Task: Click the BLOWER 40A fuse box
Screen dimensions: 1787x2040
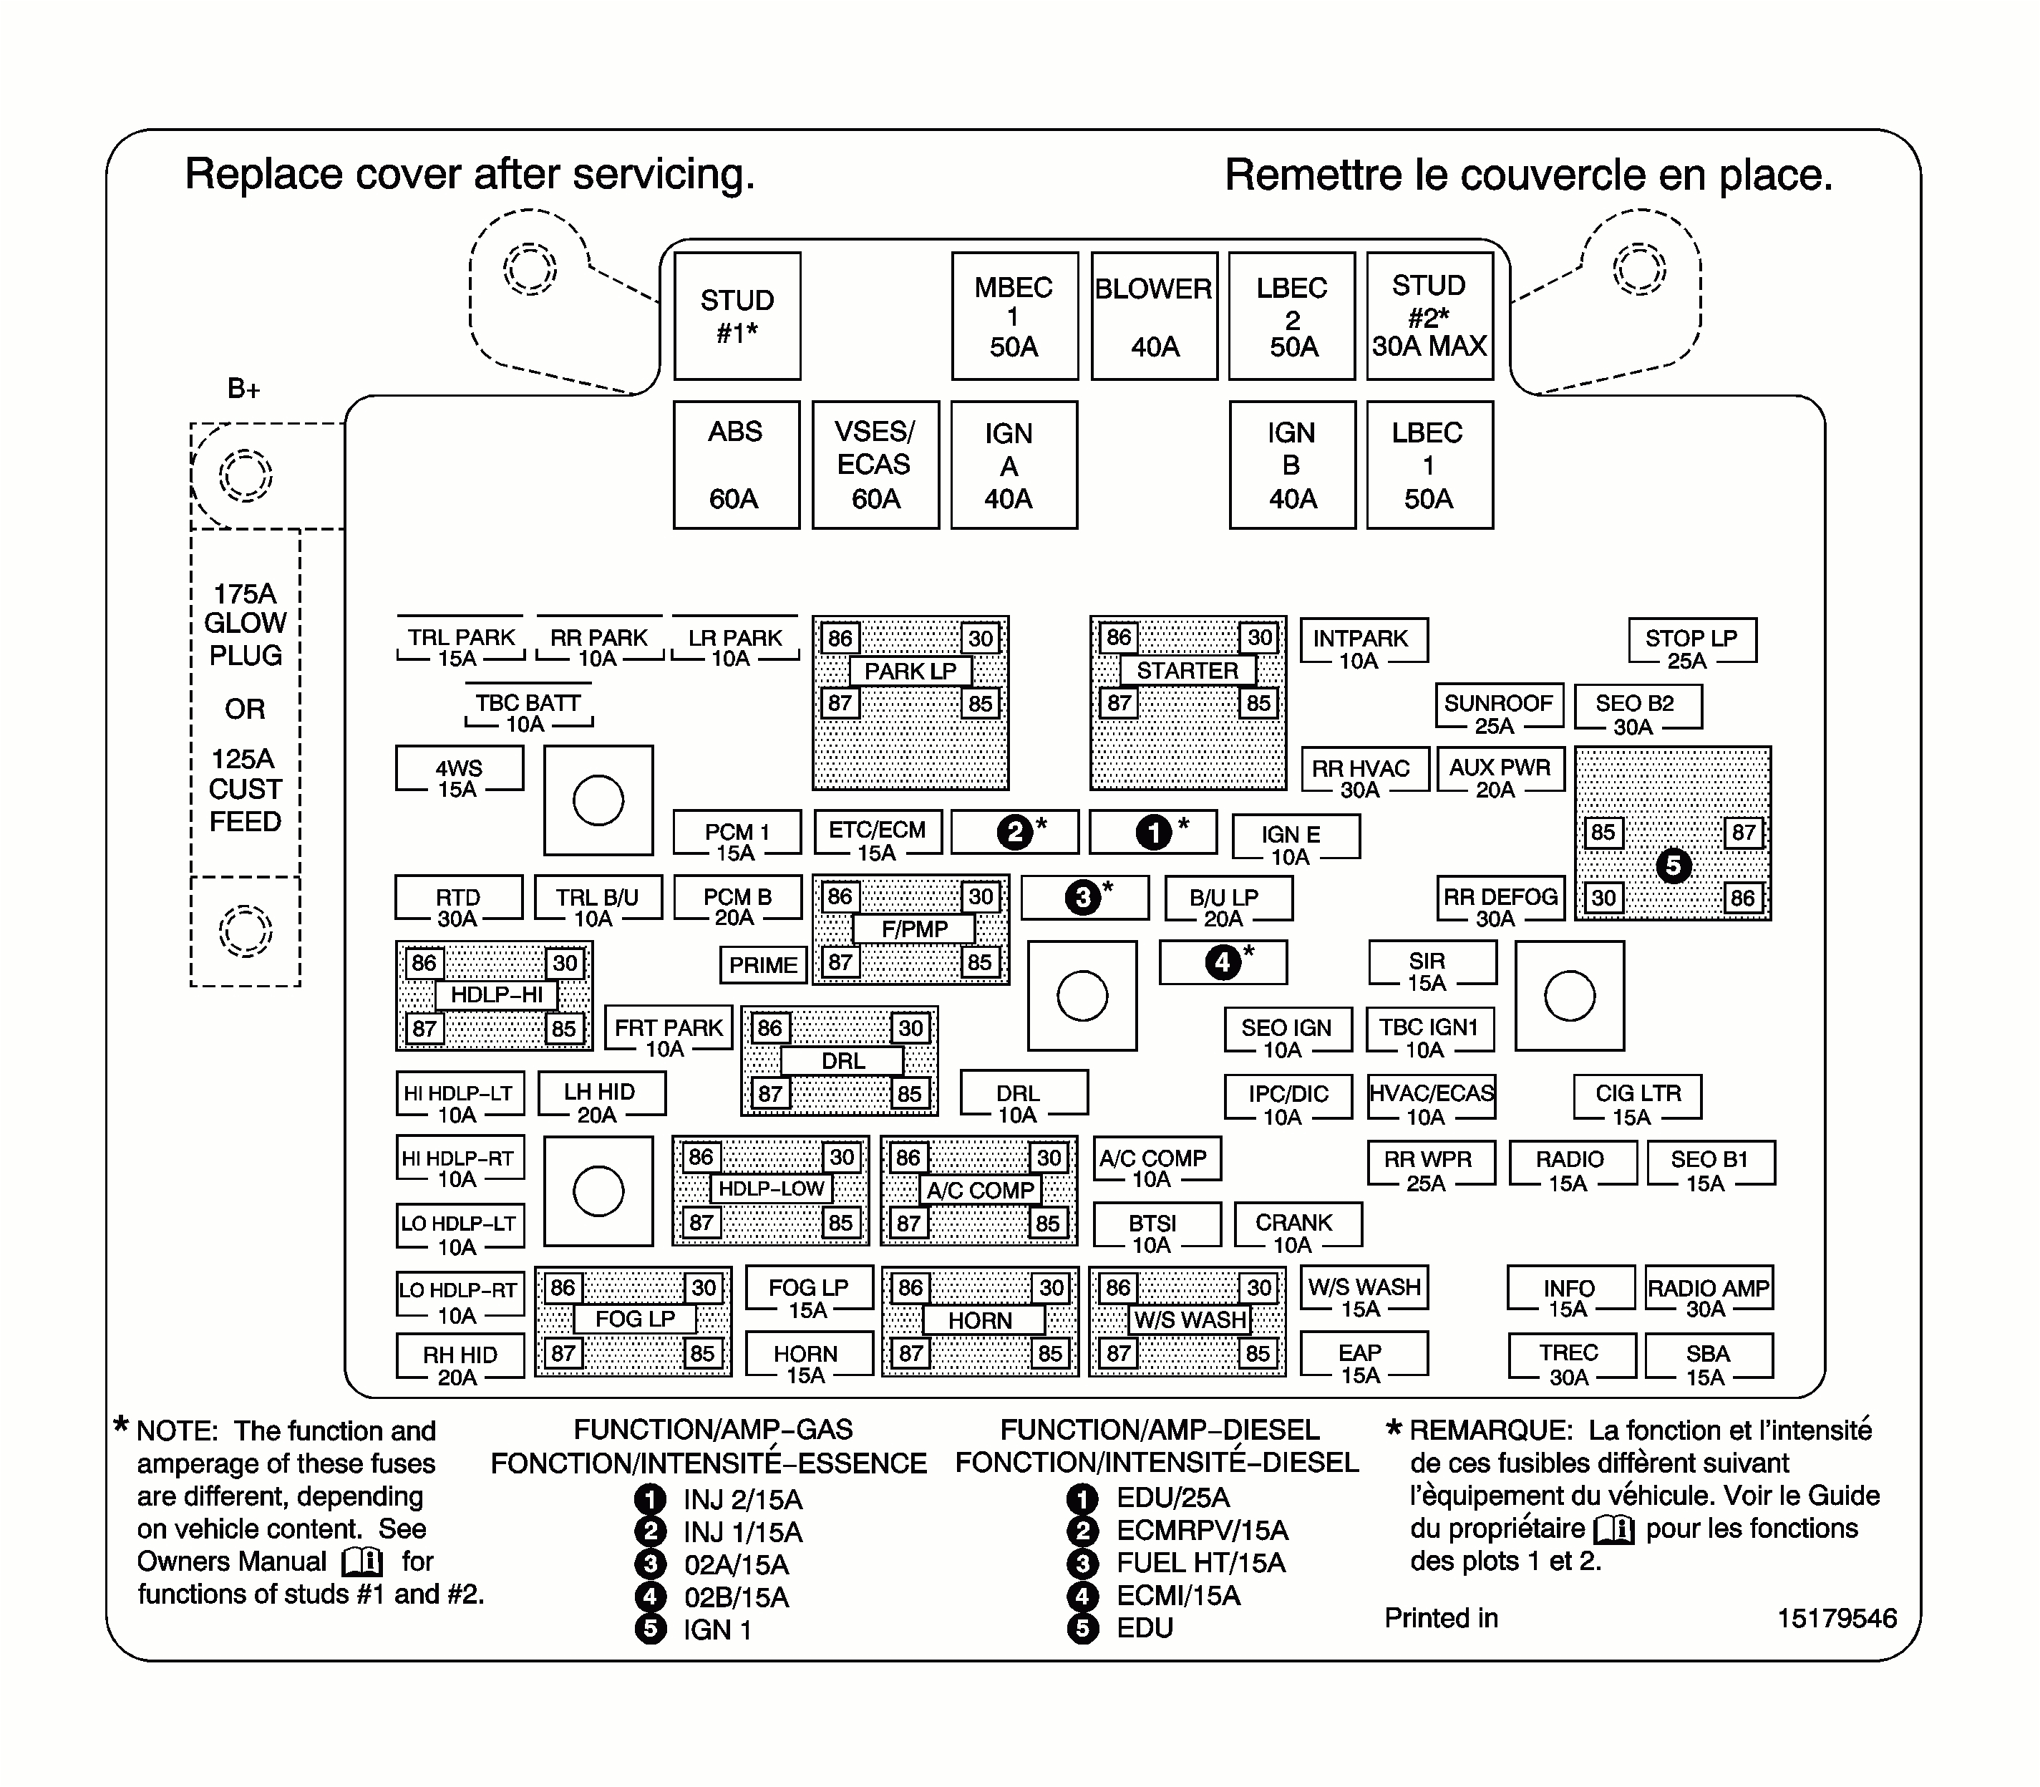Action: (x=1154, y=316)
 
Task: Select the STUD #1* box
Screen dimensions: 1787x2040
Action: (x=737, y=316)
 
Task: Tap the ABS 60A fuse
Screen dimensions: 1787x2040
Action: (x=736, y=465)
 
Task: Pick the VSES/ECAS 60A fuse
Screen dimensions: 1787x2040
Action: (x=875, y=465)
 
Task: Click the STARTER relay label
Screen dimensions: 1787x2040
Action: (x=1187, y=671)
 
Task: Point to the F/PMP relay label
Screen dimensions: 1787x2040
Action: (x=913, y=929)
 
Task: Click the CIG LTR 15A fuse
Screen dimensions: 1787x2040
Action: (x=1637, y=1103)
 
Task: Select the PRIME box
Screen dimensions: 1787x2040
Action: (x=763, y=965)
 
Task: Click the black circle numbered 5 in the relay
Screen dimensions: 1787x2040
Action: (x=1673, y=866)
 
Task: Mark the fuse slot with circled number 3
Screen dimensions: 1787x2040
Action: (x=1084, y=898)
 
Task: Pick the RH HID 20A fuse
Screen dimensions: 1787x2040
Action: (x=460, y=1364)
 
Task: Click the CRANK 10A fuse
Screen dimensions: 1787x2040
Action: (x=1294, y=1231)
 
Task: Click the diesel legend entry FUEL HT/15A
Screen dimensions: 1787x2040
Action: (x=1200, y=1564)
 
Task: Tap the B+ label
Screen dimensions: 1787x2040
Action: (x=243, y=389)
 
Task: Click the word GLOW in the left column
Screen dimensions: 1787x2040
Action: (x=246, y=624)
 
